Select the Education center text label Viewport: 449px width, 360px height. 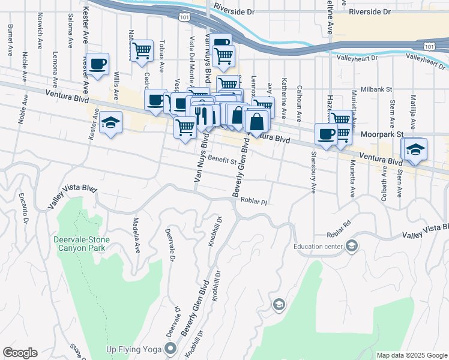pyautogui.click(x=318, y=246)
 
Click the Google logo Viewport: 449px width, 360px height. pyautogui.click(x=20, y=353)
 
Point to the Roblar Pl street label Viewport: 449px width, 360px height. pyautogui.click(x=253, y=202)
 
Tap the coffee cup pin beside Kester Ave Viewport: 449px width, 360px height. pyautogui.click(x=99, y=63)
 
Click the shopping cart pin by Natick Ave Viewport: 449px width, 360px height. pyautogui.click(x=142, y=50)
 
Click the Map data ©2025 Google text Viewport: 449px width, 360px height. pyautogui.click(x=411, y=355)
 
